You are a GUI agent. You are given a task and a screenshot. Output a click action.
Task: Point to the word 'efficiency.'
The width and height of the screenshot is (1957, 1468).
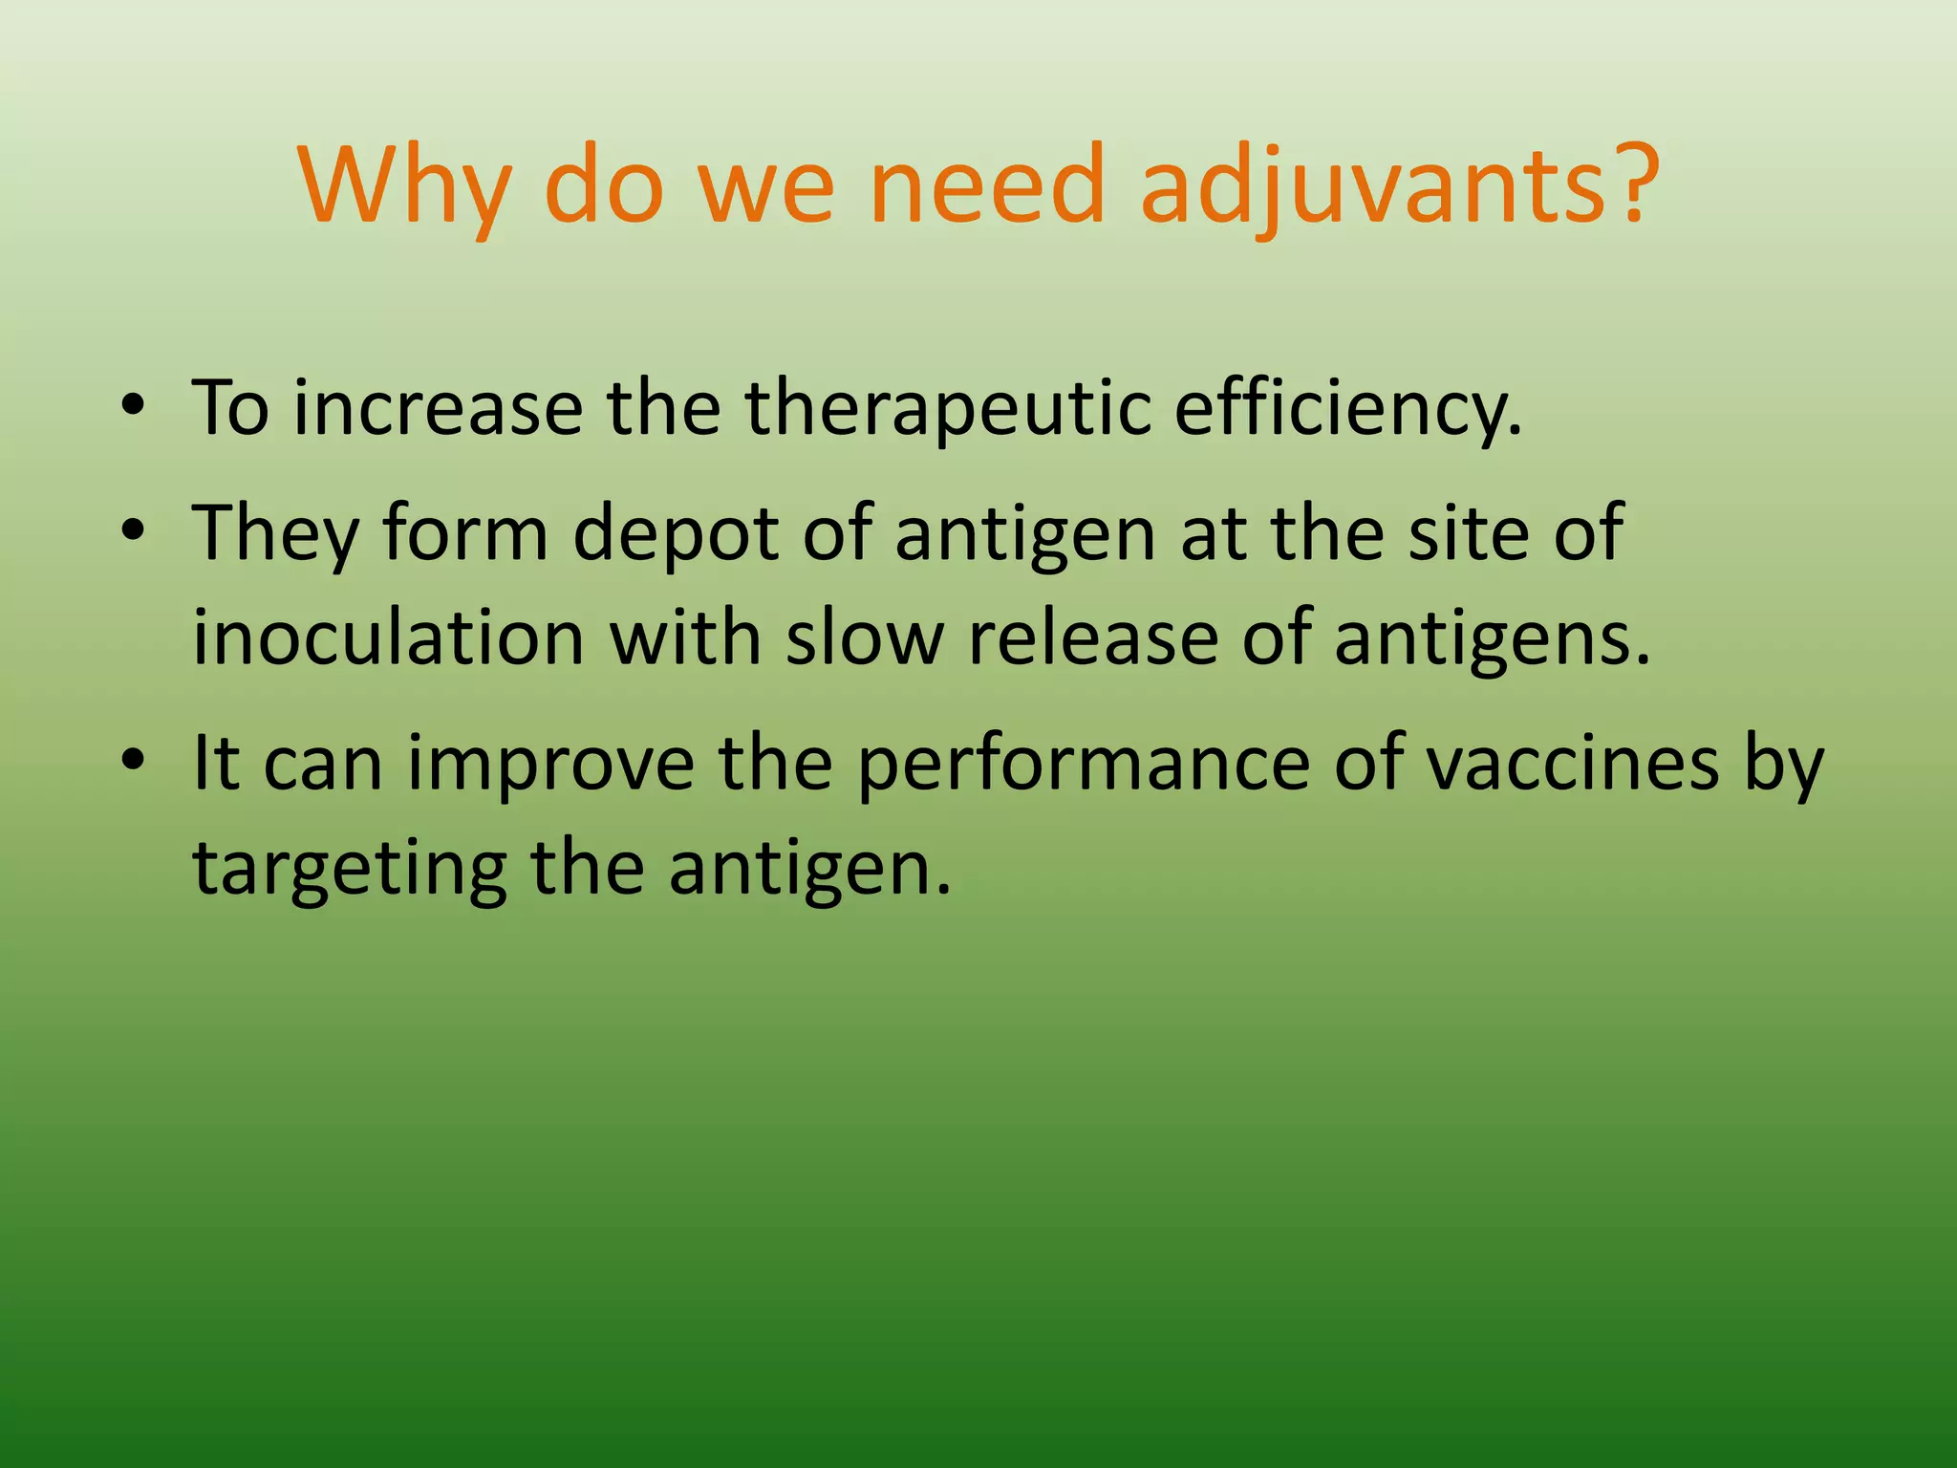(1348, 408)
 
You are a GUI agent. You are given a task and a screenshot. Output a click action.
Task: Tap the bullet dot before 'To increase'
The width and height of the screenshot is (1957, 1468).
(134, 405)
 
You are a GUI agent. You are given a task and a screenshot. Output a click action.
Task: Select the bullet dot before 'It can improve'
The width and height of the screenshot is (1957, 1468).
(134, 760)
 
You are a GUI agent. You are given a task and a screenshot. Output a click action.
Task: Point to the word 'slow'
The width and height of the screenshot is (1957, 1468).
(864, 637)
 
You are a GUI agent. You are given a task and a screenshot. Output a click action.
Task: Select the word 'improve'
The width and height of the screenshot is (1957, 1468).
(550, 765)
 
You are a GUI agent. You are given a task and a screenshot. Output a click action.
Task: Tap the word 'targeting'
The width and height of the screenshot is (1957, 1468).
(350, 870)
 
